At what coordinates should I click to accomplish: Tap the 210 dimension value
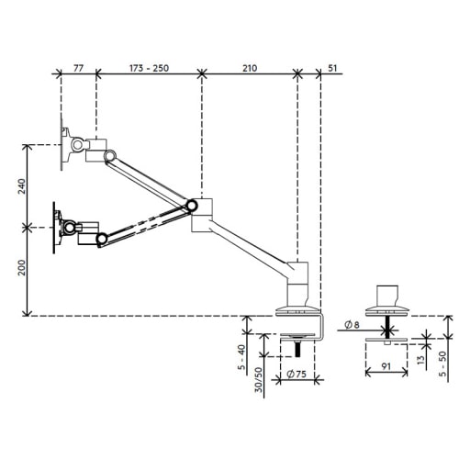250,68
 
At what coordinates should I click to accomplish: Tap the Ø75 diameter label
296,374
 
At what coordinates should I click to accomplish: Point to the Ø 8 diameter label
355,324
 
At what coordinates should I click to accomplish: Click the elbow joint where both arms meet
193,206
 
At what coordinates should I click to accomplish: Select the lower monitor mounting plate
57,227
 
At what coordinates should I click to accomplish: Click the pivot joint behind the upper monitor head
110,153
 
